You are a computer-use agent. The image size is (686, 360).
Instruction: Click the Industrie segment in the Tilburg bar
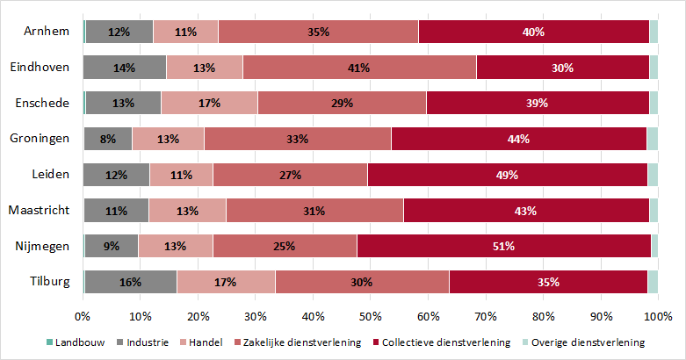[130, 282]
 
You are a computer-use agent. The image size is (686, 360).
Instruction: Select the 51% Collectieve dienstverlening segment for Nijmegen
[503, 246]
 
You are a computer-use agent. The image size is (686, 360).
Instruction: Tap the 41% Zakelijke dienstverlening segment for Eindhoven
[359, 67]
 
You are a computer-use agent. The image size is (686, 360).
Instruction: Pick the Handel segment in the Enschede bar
[209, 103]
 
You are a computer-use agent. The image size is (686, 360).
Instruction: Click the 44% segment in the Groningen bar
[518, 139]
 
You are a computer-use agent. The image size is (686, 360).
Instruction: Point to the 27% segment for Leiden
[290, 175]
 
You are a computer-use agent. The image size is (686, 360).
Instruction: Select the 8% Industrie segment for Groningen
[108, 139]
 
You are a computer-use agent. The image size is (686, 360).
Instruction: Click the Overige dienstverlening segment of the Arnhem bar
[654, 32]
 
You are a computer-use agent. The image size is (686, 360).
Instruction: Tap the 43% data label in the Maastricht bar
[525, 211]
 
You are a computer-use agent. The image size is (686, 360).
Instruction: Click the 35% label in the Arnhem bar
[318, 32]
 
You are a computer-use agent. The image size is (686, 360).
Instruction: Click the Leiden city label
[50, 175]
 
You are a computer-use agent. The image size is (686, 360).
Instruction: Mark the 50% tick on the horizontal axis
[371, 316]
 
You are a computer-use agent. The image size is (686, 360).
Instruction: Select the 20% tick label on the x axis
[198, 316]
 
